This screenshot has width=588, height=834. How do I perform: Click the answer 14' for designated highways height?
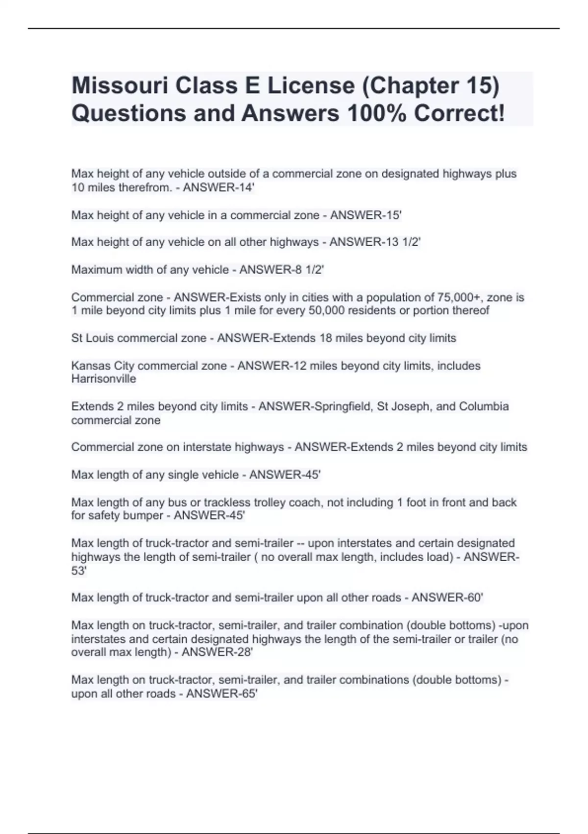pos(246,187)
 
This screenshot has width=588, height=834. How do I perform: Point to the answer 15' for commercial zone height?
pos(393,215)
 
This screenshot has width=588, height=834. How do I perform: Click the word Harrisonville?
pos(103,379)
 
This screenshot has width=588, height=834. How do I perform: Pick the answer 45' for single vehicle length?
pos(312,474)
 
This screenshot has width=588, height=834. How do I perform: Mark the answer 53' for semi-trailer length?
pos(78,571)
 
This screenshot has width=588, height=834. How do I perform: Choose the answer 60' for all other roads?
pos(475,598)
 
